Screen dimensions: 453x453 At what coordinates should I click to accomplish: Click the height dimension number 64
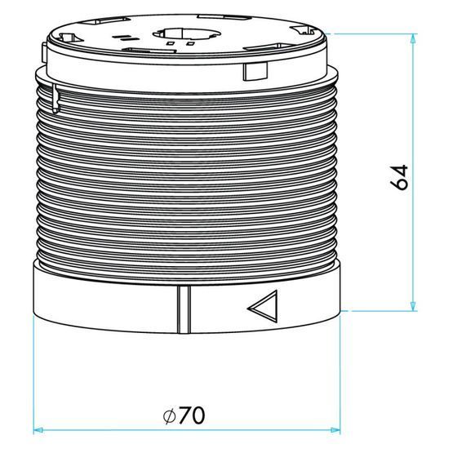(x=399, y=177)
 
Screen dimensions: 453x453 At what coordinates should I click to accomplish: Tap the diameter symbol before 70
(x=170, y=416)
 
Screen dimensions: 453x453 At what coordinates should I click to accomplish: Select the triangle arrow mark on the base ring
(x=263, y=307)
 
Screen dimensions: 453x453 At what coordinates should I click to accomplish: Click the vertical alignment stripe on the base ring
(x=184, y=309)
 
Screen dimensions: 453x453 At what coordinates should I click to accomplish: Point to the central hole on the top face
(x=187, y=33)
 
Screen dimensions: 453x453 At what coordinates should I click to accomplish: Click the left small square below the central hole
(x=171, y=43)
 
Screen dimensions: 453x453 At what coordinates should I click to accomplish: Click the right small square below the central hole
(x=190, y=43)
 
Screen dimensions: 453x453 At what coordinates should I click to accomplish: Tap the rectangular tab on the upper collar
(x=255, y=71)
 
